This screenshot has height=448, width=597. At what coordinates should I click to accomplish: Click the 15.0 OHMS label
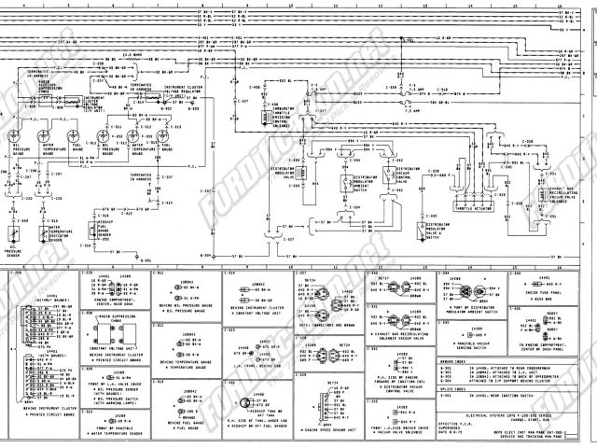(132, 55)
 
